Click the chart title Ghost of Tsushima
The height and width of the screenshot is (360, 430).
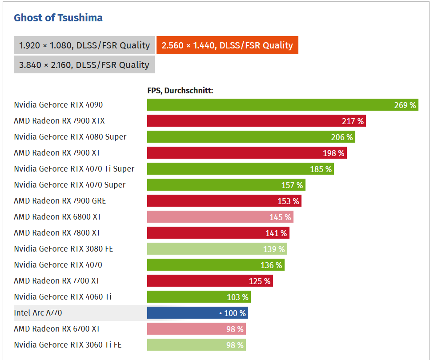(x=58, y=18)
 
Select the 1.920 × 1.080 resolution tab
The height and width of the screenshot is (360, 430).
(x=84, y=45)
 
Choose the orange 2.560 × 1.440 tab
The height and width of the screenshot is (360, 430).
(x=227, y=45)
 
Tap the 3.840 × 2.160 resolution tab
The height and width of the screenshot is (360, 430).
(x=84, y=65)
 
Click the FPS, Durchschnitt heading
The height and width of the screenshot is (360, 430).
(x=181, y=91)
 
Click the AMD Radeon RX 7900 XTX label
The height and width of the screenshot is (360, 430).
(x=59, y=121)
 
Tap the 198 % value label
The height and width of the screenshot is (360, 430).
(x=334, y=153)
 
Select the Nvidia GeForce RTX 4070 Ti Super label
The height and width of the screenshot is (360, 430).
(x=74, y=169)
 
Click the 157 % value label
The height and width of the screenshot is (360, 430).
(x=292, y=185)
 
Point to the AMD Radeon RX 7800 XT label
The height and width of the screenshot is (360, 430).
(x=57, y=233)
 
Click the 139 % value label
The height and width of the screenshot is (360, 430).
(x=274, y=249)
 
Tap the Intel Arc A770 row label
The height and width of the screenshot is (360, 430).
(x=38, y=313)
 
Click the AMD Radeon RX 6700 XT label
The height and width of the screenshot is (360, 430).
(x=57, y=329)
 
